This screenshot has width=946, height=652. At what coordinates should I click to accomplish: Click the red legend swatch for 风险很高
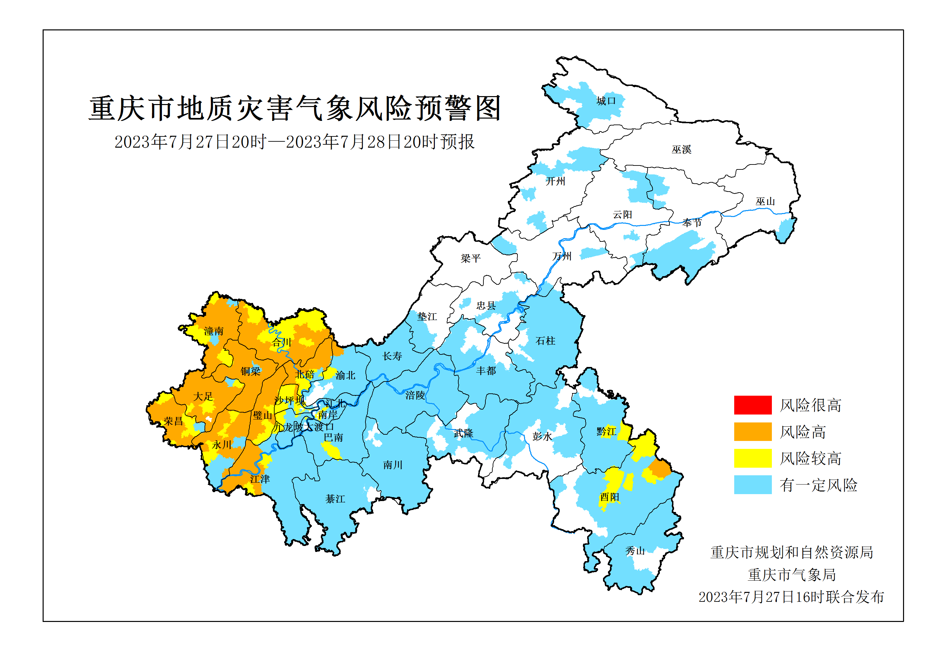click(x=752, y=405)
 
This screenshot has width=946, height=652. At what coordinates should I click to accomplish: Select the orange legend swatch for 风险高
click(x=752, y=431)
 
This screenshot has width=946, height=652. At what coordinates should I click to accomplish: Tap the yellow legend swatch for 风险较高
click(x=752, y=458)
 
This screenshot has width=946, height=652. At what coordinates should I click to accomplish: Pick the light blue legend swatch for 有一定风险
click(x=752, y=485)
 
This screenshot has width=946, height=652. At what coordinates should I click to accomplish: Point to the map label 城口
click(x=606, y=101)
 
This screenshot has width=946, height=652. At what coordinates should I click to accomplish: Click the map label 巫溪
click(x=681, y=150)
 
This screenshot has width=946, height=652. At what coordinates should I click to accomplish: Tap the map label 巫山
click(x=765, y=201)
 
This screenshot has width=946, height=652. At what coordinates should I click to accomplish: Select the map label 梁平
click(x=470, y=258)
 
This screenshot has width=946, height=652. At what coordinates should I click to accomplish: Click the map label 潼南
click(x=214, y=331)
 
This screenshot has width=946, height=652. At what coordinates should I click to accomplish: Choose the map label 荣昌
click(x=173, y=421)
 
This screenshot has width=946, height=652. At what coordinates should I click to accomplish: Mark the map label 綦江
click(x=335, y=499)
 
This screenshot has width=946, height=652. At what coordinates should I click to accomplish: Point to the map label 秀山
click(x=635, y=551)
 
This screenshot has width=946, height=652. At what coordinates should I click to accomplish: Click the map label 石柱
click(x=545, y=341)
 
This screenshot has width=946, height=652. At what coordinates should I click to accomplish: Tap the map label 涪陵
click(x=415, y=395)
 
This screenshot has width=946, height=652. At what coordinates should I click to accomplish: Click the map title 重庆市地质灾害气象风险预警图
click(x=295, y=108)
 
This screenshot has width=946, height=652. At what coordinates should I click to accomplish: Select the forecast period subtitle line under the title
click(x=294, y=142)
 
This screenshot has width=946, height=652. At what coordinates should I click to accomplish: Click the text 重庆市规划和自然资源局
click(x=792, y=552)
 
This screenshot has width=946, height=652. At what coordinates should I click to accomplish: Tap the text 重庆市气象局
click(x=792, y=575)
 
